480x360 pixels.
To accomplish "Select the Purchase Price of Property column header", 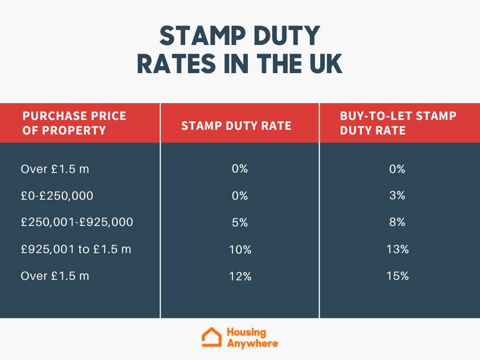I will coord(75,123).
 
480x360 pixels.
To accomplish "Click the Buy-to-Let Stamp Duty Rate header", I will coord(398,123).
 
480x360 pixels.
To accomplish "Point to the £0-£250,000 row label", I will coord(57,195).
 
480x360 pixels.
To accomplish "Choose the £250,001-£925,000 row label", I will coord(77,222).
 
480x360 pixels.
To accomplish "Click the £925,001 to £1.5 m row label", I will coord(76,249).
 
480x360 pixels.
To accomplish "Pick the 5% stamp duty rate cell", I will coord(240,223).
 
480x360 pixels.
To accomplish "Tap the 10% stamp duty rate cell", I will coord(240,250).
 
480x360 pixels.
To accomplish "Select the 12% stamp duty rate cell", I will coord(240,277).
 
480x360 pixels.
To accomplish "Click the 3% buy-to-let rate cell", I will coord(397,195).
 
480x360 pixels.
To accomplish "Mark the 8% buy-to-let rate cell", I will coord(397,222).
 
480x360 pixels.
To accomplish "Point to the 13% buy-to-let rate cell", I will coord(397,249).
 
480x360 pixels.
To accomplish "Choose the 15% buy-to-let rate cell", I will coord(397,276).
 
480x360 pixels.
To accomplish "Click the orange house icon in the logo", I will coord(211,337).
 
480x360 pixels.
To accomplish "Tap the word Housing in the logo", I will coord(246,332).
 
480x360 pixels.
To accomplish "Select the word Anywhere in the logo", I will coord(252,343).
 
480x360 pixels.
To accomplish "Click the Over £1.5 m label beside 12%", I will coord(55,276).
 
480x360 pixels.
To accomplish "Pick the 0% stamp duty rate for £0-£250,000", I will coord(240,196).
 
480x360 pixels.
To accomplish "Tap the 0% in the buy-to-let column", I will coord(397,169).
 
